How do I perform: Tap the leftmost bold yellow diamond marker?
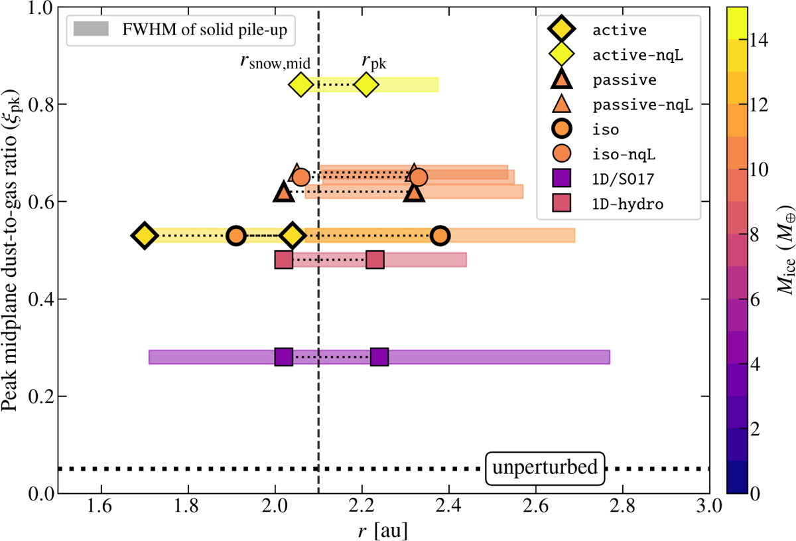(144, 236)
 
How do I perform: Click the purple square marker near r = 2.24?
(379, 357)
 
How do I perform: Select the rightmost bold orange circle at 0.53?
(440, 236)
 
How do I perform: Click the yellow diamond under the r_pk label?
(366, 84)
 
